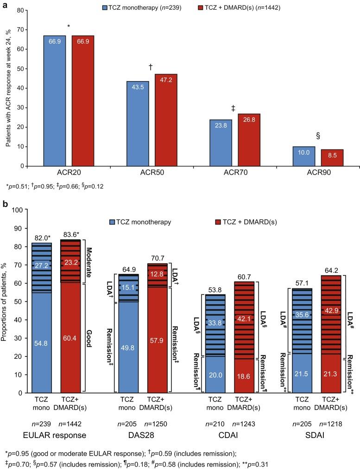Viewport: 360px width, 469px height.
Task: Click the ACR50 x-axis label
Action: click(x=152, y=174)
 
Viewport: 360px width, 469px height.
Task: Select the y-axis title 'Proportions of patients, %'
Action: click(x=6, y=301)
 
